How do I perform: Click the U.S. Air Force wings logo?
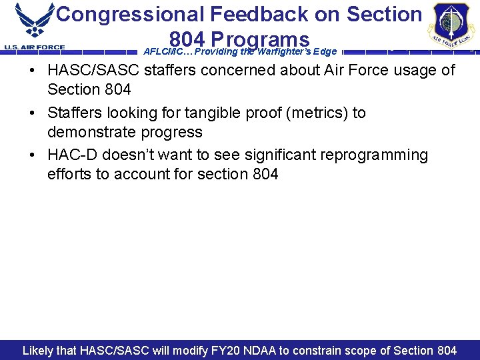35,21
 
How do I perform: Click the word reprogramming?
365,155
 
